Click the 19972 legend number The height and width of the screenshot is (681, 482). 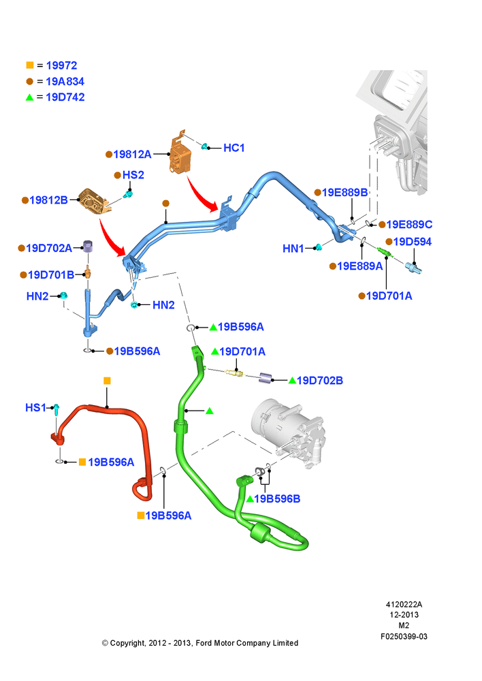coord(62,65)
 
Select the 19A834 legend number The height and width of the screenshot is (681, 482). coord(65,81)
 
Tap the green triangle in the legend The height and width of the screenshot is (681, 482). coord(29,97)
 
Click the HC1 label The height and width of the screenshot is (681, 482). coord(234,148)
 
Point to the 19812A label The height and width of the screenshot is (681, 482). coord(133,154)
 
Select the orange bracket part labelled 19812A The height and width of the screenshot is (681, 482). coord(180,152)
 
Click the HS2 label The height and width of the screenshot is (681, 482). coord(133,175)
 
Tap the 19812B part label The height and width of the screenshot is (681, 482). coord(48,200)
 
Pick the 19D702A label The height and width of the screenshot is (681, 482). coord(49,248)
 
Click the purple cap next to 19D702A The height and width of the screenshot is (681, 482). coord(89,247)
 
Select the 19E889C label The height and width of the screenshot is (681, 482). coord(409,225)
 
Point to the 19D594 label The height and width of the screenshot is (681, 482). coord(413,242)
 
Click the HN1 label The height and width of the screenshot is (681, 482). coord(293,249)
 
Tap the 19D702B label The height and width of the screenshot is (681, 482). coord(320,381)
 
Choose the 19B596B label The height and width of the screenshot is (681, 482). coord(277,498)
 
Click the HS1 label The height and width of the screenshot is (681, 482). coord(35,407)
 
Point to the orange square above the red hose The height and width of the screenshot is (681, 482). coord(108,381)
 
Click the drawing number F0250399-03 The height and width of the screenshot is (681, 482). coord(404,636)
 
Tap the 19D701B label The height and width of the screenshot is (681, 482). coord(51,275)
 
